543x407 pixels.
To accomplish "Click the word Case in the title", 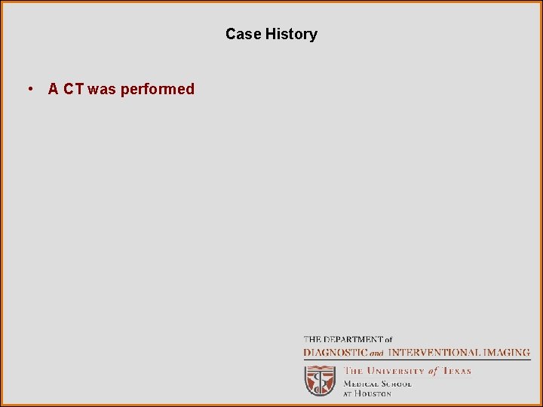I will point(243,34).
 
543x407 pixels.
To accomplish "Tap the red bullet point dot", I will point(29,89).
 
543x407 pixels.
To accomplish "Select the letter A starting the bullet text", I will point(54,89).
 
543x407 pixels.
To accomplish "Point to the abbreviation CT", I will point(74,89).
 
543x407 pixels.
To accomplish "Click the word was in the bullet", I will point(102,89).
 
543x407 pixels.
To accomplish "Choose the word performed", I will point(158,89).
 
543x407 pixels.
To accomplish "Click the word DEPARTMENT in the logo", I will point(351,340).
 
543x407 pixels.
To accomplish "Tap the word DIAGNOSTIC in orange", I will point(335,352).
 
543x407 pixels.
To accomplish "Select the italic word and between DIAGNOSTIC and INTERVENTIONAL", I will point(376,353).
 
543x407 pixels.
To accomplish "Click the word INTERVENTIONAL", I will point(433,352).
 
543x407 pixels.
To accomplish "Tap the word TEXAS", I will point(456,371).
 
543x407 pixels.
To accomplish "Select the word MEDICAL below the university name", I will point(361,383).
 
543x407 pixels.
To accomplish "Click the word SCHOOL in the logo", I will point(396,383).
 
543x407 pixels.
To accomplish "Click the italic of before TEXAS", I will point(432,371).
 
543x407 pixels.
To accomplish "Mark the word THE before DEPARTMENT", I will point(311,340).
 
